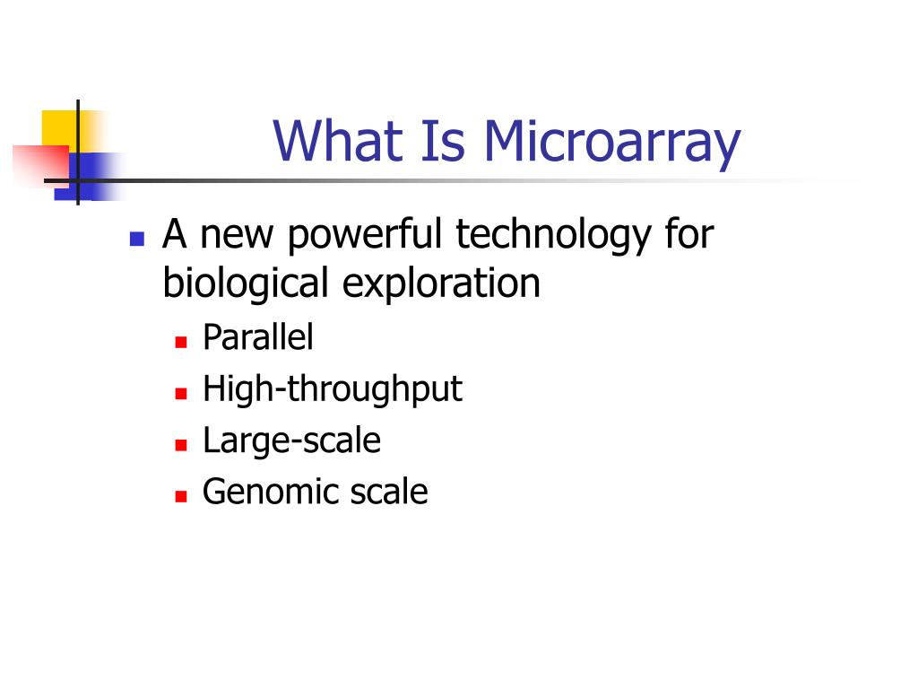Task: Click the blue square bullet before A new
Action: click(137, 239)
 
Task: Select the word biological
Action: click(245, 284)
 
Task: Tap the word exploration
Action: click(440, 284)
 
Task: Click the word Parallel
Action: click(258, 338)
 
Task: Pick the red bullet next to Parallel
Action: click(180, 342)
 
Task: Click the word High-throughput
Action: click(332, 390)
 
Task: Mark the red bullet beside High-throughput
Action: click(180, 393)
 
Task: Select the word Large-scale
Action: click(291, 441)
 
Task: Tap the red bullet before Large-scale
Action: click(180, 444)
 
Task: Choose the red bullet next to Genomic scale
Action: click(180, 495)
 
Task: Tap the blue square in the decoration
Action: click(97, 175)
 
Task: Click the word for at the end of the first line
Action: click(688, 236)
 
